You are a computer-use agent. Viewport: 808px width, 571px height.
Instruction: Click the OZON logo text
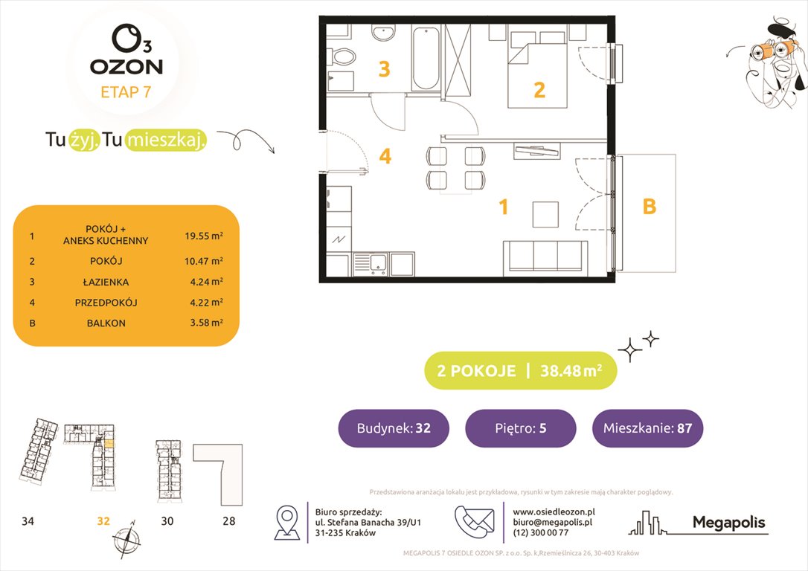point(126,66)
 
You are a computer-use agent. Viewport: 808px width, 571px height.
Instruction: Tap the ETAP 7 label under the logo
point(126,93)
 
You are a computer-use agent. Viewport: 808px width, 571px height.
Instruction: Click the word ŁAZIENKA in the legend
point(106,282)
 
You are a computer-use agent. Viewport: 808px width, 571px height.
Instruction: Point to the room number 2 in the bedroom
point(539,90)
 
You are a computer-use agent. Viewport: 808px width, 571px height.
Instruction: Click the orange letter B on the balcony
point(649,207)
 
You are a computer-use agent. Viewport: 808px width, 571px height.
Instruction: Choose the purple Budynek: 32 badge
point(394,428)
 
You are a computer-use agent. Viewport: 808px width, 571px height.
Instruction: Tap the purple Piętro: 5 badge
point(520,428)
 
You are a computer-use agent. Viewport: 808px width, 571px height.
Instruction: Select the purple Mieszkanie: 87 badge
point(647,428)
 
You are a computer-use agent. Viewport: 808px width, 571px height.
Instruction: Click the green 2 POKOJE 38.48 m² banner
point(520,371)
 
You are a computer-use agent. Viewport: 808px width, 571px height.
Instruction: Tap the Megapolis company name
point(728,523)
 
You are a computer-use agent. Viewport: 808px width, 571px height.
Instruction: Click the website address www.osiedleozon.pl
point(554,512)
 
